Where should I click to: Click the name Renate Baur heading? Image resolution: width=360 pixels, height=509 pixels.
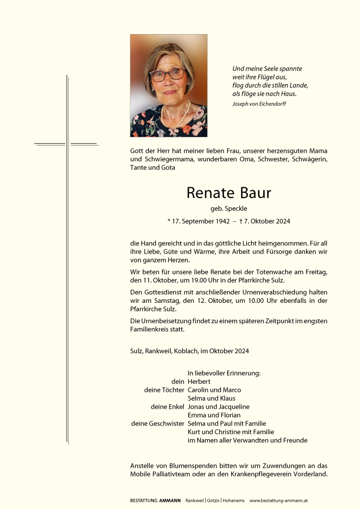[x=229, y=193]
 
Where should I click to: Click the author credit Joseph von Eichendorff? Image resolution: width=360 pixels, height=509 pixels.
[x=259, y=104]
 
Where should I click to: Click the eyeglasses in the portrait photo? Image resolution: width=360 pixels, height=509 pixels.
[x=168, y=75]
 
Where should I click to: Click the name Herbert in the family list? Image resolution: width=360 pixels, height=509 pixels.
[x=199, y=382]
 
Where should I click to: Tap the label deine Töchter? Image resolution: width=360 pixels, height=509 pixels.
[x=164, y=390]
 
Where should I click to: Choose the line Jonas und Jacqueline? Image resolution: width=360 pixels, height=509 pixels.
[x=218, y=407]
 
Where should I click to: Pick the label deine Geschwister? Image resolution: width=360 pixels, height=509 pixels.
[x=157, y=423]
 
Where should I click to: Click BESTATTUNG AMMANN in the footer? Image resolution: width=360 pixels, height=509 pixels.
[x=155, y=501]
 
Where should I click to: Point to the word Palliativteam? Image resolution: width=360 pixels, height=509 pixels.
[x=174, y=474]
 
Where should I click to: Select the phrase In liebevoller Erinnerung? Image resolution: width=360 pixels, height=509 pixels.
[x=224, y=373]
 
